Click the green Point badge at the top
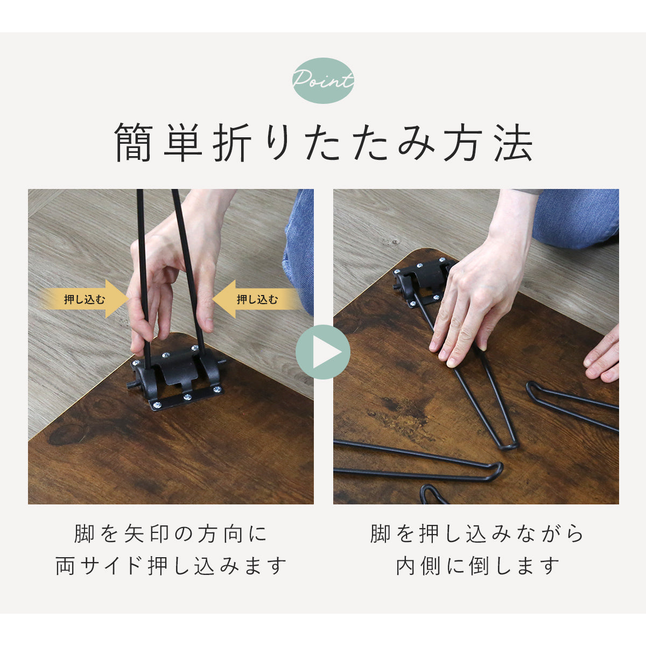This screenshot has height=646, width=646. point(323,80)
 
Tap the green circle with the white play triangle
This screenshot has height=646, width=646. point(323,352)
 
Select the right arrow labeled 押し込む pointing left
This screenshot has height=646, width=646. point(256,299)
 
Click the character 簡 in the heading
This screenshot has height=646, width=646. point(134,143)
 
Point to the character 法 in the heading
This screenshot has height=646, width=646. point(514,143)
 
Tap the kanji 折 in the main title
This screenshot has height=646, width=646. point(232,143)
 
